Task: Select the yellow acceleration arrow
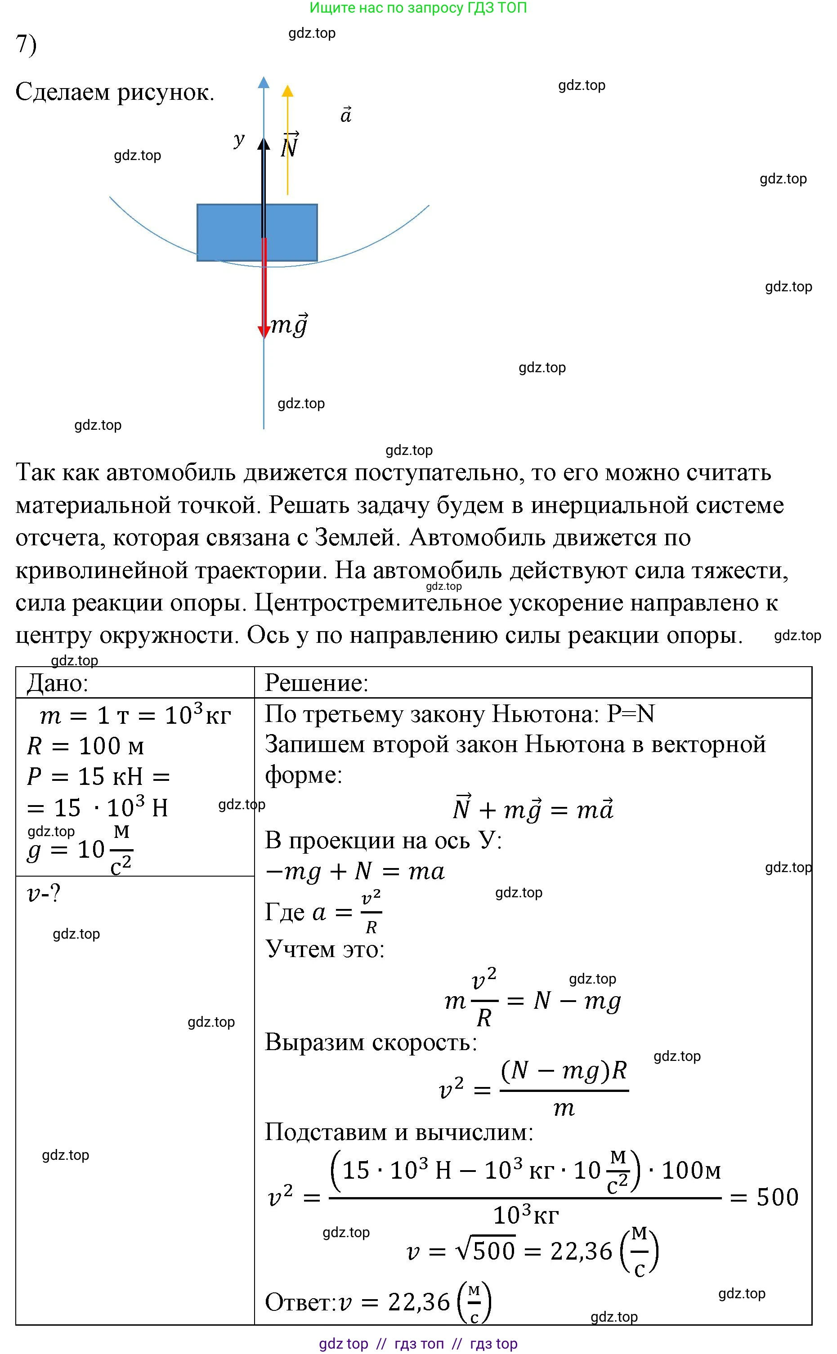[287, 144]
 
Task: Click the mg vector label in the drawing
[289, 325]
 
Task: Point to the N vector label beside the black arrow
[290, 147]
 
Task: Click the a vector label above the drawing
[346, 115]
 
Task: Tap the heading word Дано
[58, 683]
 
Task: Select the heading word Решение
[316, 683]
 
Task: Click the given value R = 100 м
[85, 746]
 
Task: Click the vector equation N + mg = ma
[533, 809]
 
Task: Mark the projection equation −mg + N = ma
[355, 872]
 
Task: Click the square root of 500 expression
[485, 1251]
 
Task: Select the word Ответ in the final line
[300, 1303]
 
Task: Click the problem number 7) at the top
[26, 44]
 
